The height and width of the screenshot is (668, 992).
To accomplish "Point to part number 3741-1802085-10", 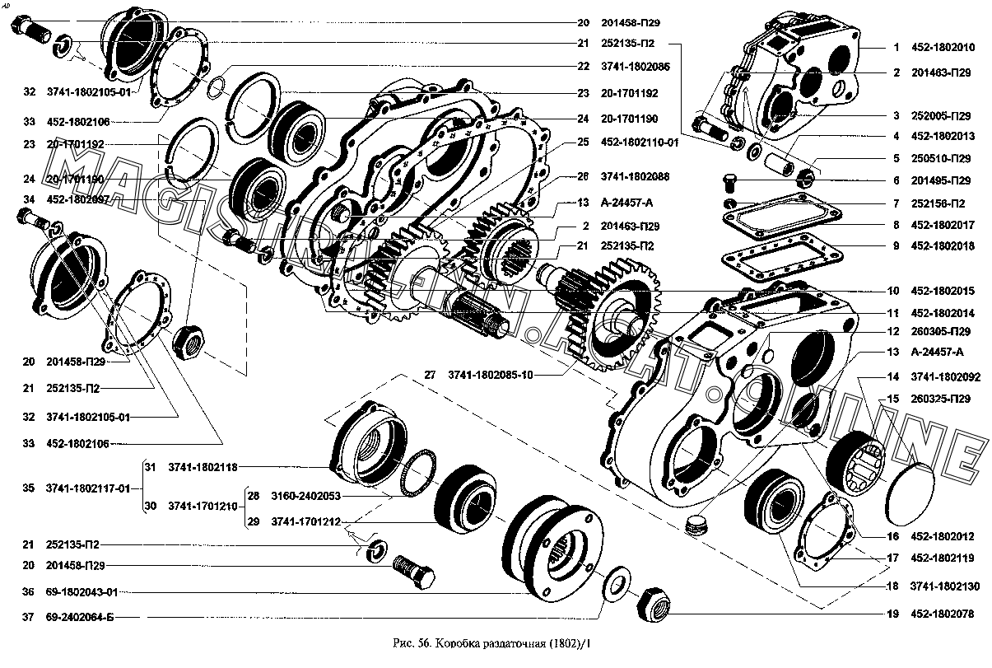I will tap(491, 376).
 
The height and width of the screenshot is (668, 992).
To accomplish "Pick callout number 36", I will tap(29, 591).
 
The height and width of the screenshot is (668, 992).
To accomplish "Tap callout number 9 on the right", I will tap(896, 245).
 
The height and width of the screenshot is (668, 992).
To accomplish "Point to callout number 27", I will tap(430, 376).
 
